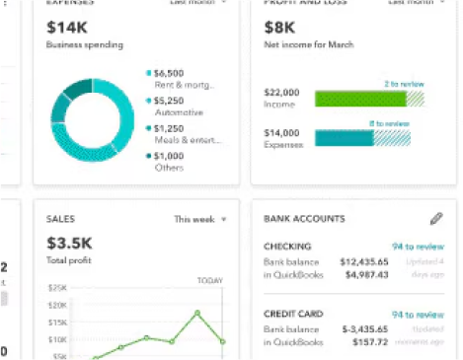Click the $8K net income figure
coord(279,28)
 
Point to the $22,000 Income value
coord(280,92)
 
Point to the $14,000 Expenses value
coord(280,132)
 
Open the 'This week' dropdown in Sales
coord(200,219)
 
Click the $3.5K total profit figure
coord(68,241)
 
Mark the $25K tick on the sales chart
coord(57,288)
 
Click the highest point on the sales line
coord(197,313)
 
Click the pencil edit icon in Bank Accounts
coord(436,218)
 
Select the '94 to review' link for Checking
coord(417,247)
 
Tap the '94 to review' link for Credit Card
coord(417,315)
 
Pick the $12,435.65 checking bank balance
coord(364,262)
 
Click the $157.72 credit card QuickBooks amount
coord(370,343)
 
